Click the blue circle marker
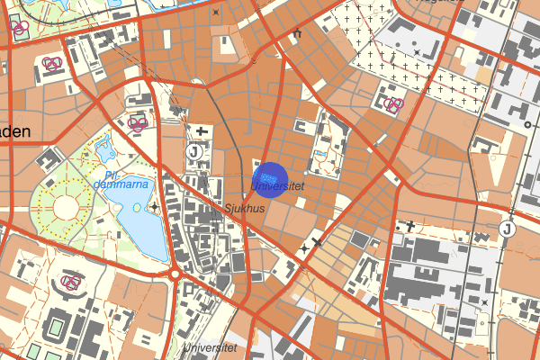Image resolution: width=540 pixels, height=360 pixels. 270,177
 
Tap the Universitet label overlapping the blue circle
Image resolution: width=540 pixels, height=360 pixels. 278,186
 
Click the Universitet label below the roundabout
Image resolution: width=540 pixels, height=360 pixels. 210,347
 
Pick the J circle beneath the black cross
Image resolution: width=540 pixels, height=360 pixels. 194,152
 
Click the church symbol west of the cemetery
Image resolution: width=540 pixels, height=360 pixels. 296,34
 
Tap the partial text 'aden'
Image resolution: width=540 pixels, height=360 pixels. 15,131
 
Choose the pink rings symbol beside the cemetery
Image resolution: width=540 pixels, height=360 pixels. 393,104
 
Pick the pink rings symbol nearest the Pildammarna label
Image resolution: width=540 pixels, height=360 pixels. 138,123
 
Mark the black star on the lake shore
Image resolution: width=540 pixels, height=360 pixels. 155,208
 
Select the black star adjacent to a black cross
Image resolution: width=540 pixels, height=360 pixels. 305,245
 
